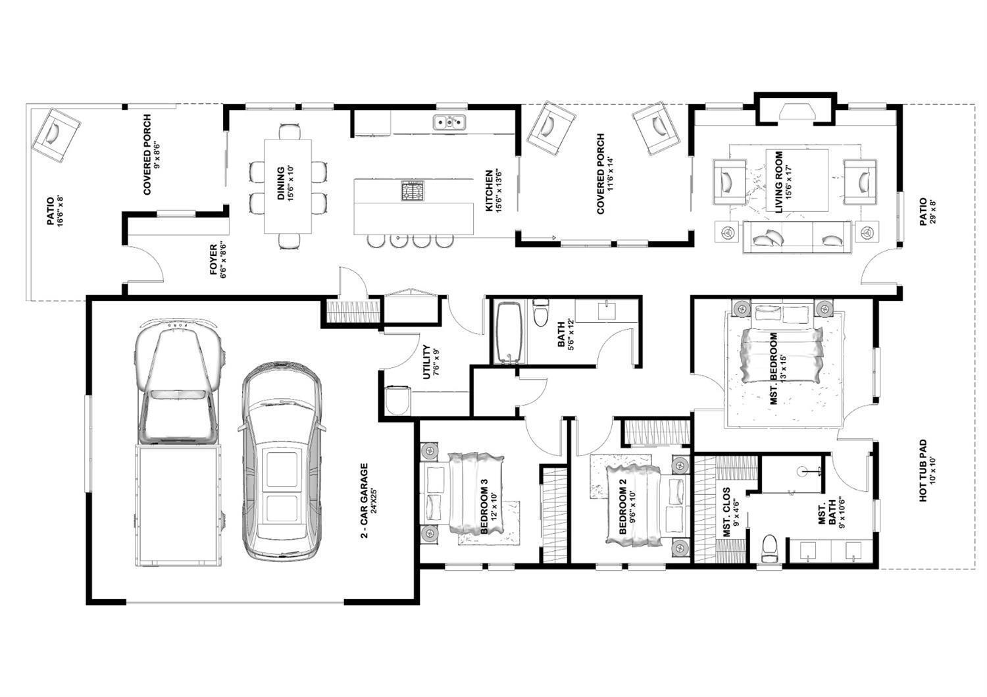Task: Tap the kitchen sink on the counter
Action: (449, 122)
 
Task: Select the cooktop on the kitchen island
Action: (413, 192)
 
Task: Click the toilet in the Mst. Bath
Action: (769, 549)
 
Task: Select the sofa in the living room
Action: (797, 237)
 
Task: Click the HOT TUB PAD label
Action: (927, 471)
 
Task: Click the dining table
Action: (288, 186)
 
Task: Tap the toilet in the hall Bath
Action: (541, 314)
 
